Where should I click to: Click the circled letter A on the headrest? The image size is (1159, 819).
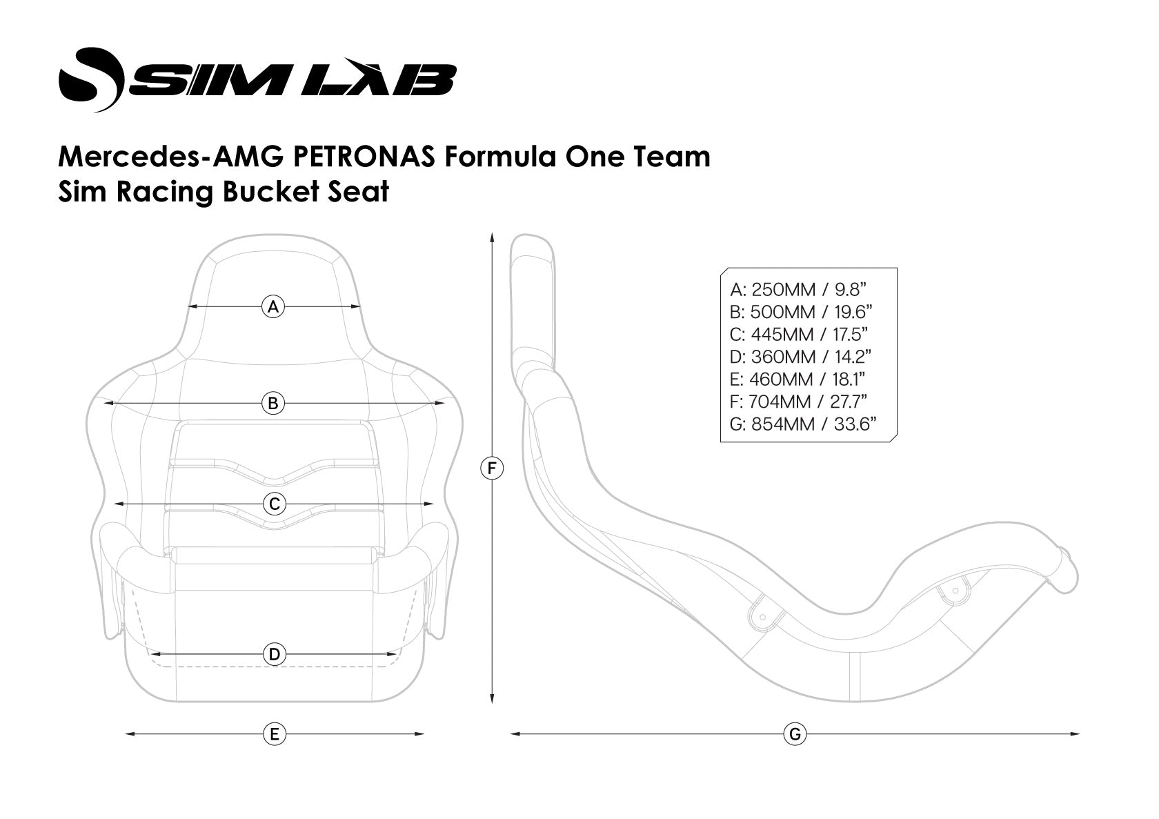(274, 306)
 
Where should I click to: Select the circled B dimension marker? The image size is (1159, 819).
(274, 403)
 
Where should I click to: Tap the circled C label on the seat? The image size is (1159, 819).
(275, 504)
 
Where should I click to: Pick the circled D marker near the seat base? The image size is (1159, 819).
(275, 653)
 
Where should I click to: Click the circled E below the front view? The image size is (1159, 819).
(275, 734)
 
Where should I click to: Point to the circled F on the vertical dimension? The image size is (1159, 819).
(491, 469)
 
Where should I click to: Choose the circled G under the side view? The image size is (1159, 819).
(795, 734)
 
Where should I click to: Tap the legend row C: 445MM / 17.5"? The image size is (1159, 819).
(799, 334)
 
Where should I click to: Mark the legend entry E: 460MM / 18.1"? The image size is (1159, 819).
(798, 379)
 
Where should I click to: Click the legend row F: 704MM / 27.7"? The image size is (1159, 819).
(798, 402)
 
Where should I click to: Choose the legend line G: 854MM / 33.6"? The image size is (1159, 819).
(803, 424)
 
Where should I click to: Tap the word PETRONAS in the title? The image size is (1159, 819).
(365, 157)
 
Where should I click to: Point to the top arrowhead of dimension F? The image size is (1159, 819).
(491, 237)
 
